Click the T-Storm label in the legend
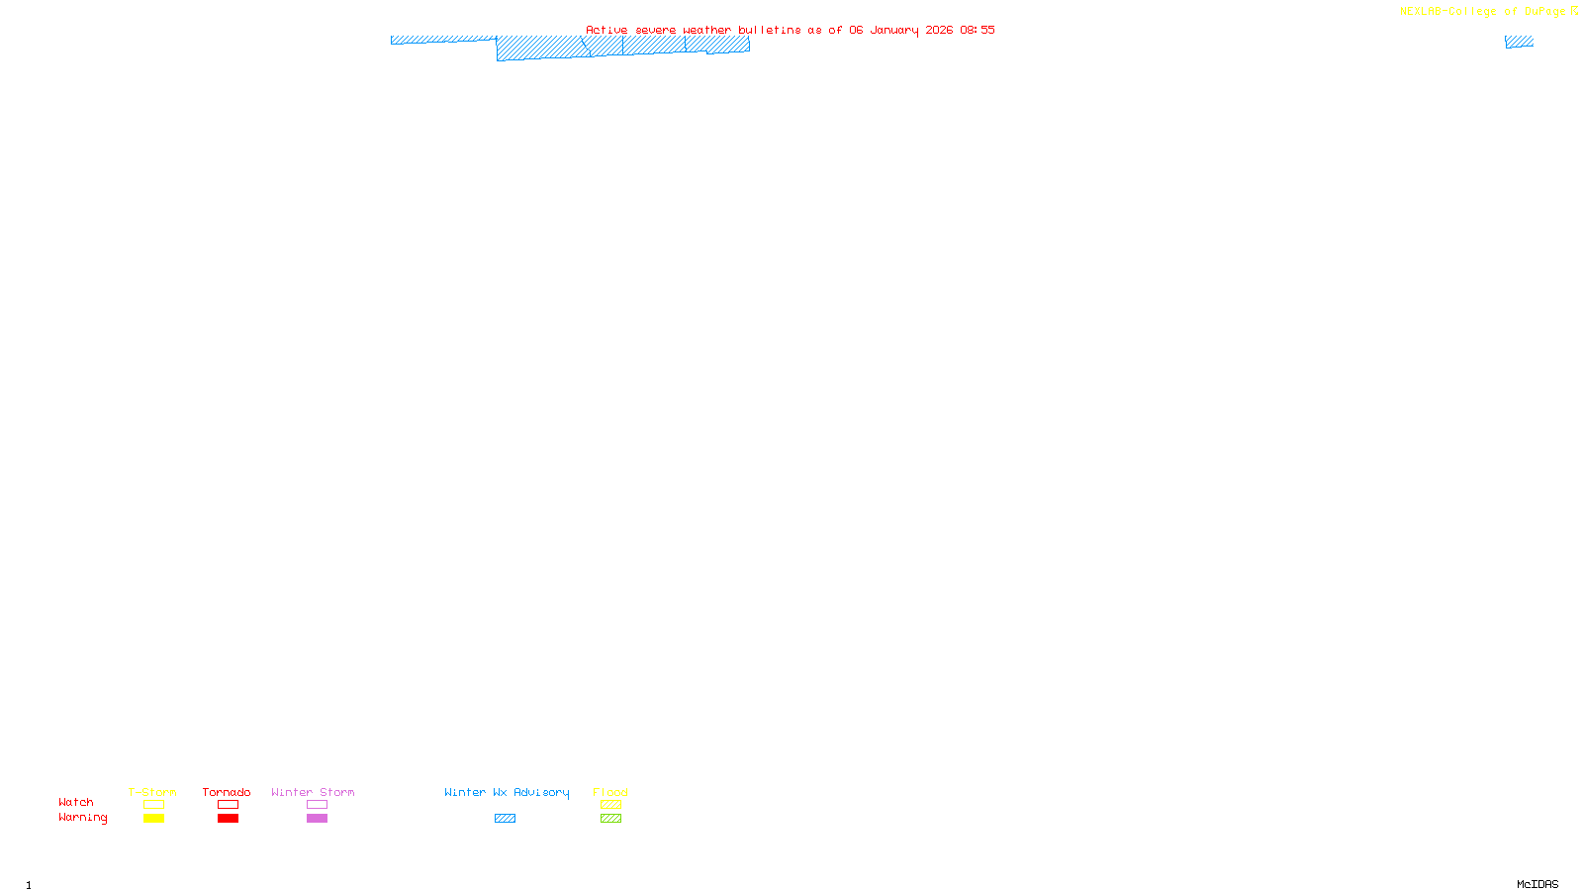(x=152, y=792)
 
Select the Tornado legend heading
(x=227, y=792)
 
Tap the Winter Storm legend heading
(x=313, y=792)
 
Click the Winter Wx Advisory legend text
(x=507, y=792)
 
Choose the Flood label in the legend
(x=610, y=792)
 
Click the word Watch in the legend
(x=76, y=802)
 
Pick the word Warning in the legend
(x=83, y=818)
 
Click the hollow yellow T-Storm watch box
(x=153, y=805)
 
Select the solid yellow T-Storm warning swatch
(x=153, y=819)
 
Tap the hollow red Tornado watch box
(x=228, y=805)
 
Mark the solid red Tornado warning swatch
(x=228, y=819)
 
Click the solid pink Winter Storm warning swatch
(x=317, y=819)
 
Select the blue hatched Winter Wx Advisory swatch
(x=505, y=819)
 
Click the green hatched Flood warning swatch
(x=610, y=819)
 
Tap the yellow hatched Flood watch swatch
(x=610, y=805)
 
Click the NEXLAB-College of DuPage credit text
(x=1483, y=12)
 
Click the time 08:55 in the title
(x=978, y=30)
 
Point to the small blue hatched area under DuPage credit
(x=1519, y=42)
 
